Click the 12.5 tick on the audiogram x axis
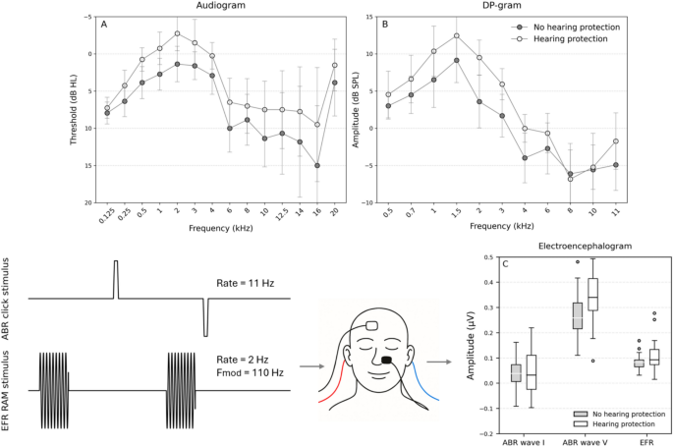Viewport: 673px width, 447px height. (x=282, y=216)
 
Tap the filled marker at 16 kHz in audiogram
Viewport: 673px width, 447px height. (x=317, y=166)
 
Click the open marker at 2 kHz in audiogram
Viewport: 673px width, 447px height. (x=177, y=33)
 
